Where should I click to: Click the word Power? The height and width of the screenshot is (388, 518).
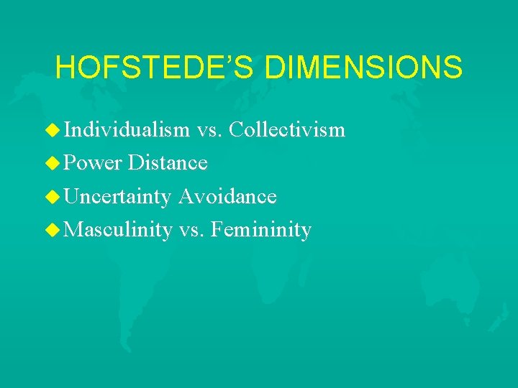click(x=92, y=163)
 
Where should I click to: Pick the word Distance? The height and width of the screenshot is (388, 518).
click(x=168, y=163)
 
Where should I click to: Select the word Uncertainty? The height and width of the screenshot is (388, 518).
click(x=117, y=197)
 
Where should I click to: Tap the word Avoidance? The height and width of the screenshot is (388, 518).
click(x=227, y=196)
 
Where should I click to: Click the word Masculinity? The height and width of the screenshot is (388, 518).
click(x=118, y=231)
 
